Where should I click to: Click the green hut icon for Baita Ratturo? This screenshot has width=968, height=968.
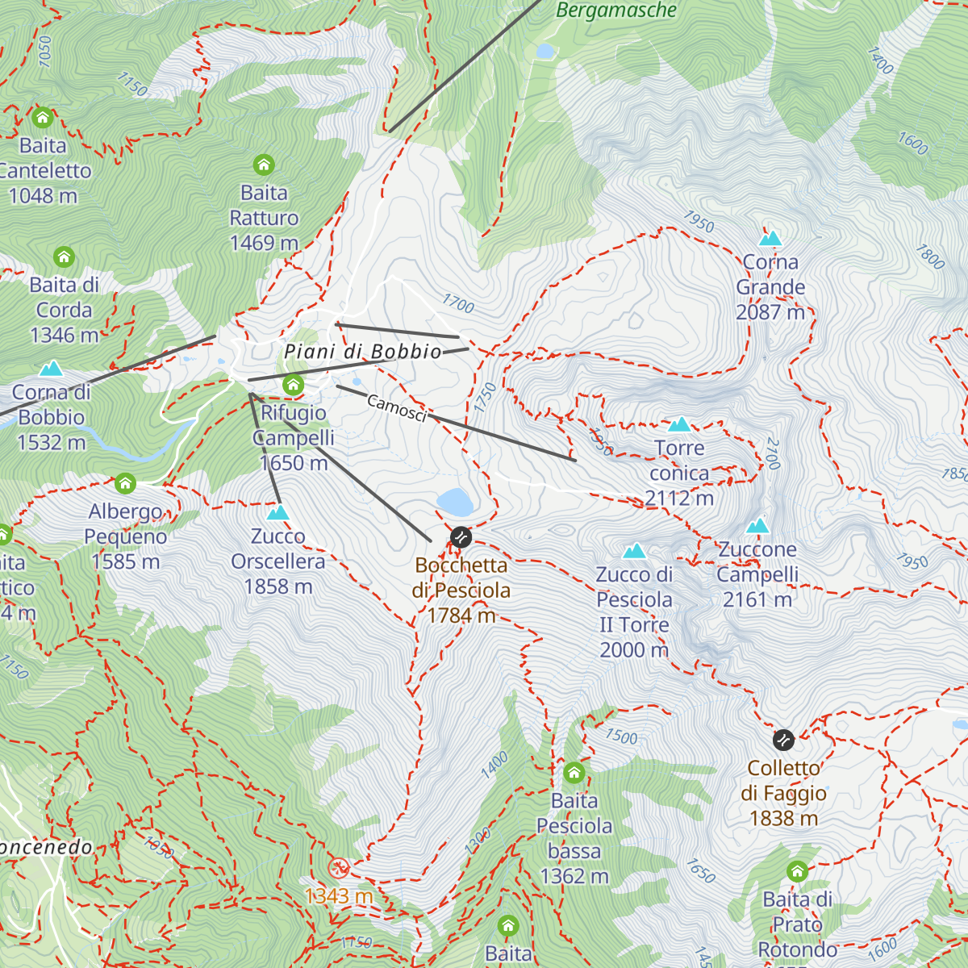264,165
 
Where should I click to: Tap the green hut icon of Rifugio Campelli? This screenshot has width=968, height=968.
294,385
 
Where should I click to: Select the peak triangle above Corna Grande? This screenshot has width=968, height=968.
771,238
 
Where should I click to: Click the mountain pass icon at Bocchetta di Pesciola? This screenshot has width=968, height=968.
461,537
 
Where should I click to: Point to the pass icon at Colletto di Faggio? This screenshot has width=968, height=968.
783,740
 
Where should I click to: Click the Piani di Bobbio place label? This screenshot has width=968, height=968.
363,352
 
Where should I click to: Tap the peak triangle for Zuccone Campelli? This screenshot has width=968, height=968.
757,526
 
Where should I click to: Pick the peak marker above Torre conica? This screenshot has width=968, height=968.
679,424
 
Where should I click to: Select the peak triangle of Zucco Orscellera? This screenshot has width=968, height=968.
277,512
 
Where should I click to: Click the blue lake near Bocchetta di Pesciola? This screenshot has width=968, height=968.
456,502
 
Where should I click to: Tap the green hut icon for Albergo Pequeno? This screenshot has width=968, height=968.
125,483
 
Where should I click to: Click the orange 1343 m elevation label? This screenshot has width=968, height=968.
339,895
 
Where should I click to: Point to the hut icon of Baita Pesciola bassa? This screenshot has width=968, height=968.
574,773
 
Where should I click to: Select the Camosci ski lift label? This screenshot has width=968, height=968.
396,408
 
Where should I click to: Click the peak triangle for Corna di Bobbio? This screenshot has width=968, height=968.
52,369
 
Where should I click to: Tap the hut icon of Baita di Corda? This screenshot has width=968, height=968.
64,257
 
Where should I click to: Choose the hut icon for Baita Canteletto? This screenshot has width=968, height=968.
43,118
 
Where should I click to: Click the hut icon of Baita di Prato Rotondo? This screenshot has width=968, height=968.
797,871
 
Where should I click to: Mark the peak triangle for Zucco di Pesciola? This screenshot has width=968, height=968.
635,551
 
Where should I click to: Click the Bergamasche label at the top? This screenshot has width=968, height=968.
617,10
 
